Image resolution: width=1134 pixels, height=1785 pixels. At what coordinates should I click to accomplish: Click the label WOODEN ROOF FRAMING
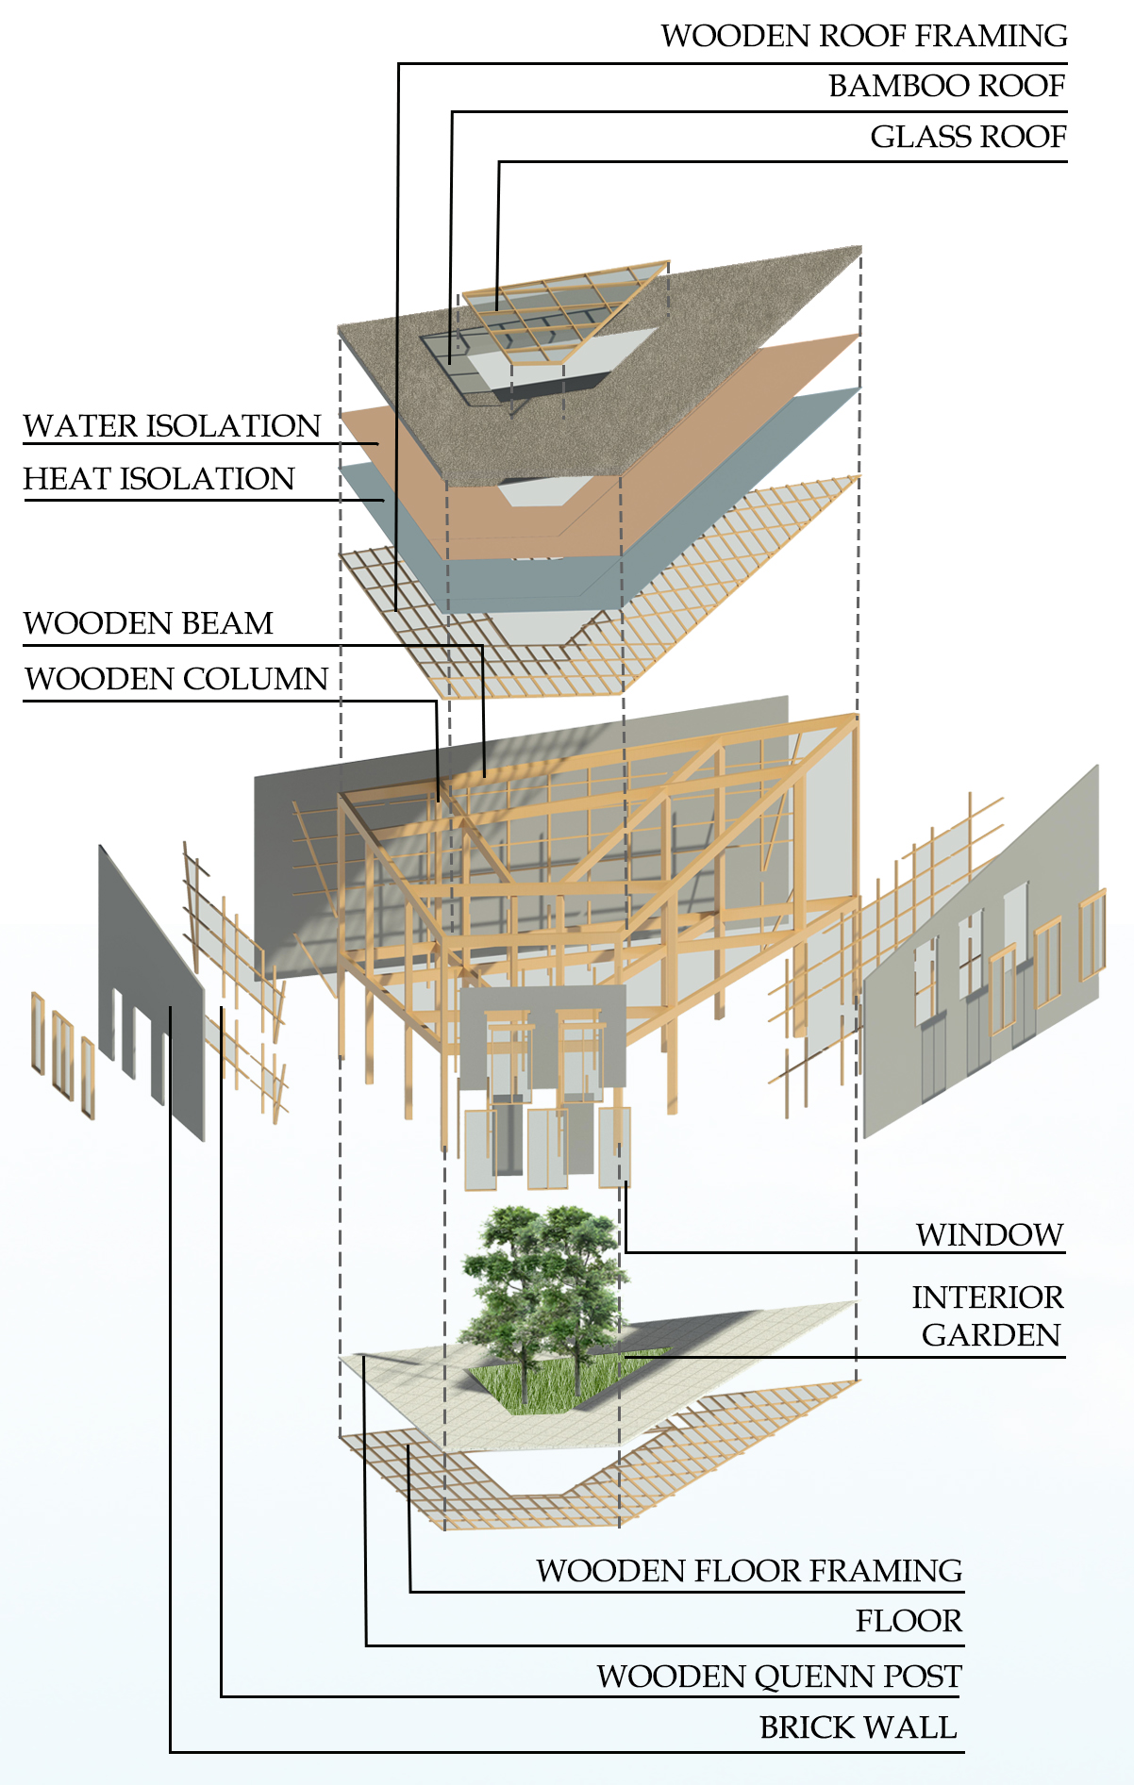(x=863, y=36)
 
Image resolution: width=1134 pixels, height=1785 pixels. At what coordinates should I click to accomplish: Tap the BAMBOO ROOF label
(x=946, y=86)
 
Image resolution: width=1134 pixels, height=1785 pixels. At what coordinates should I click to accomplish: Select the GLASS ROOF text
(x=967, y=137)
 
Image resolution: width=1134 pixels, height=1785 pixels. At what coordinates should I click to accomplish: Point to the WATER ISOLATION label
(x=172, y=426)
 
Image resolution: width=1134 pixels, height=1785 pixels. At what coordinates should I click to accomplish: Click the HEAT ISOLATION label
(x=158, y=479)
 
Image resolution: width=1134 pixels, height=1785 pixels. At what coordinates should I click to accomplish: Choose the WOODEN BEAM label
(x=148, y=623)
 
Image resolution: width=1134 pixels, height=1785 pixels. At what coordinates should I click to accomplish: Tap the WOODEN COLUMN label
(x=175, y=679)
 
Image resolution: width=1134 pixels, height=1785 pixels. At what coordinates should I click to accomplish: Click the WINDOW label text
(x=989, y=1234)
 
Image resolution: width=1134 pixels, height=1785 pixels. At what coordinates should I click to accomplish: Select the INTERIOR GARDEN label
(x=987, y=1316)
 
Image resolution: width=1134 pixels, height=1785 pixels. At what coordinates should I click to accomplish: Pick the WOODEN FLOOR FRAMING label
(x=749, y=1571)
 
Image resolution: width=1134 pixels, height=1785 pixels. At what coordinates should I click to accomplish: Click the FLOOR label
(x=909, y=1621)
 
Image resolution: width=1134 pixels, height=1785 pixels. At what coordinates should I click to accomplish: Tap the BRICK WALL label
(x=858, y=1727)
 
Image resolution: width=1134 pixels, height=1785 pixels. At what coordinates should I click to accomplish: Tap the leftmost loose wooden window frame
(x=38, y=1033)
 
